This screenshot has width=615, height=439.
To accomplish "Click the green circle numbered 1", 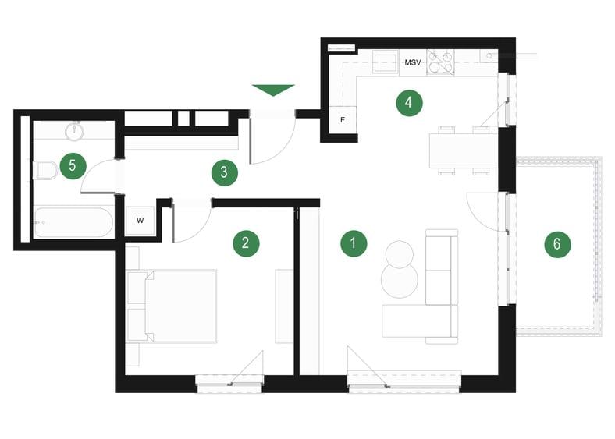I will coord(353,243).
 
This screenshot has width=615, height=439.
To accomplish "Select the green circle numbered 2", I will coord(245,243).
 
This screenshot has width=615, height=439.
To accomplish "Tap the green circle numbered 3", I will coord(224,172).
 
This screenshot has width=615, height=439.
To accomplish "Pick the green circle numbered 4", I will coord(408,103).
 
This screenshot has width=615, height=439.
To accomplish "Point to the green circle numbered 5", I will coord(73,165).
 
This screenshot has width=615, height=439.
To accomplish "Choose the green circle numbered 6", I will coord(556,244).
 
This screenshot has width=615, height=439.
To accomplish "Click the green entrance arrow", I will coord(274,90).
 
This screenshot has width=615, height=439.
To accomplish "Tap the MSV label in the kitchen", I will coord(412,62).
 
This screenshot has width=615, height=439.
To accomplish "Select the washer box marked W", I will coord(140,221).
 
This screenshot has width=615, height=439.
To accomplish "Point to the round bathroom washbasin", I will coord(76,130).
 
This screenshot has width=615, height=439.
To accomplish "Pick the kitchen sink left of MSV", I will coord(386,62).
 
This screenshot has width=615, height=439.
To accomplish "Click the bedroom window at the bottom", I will coord(229,382).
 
